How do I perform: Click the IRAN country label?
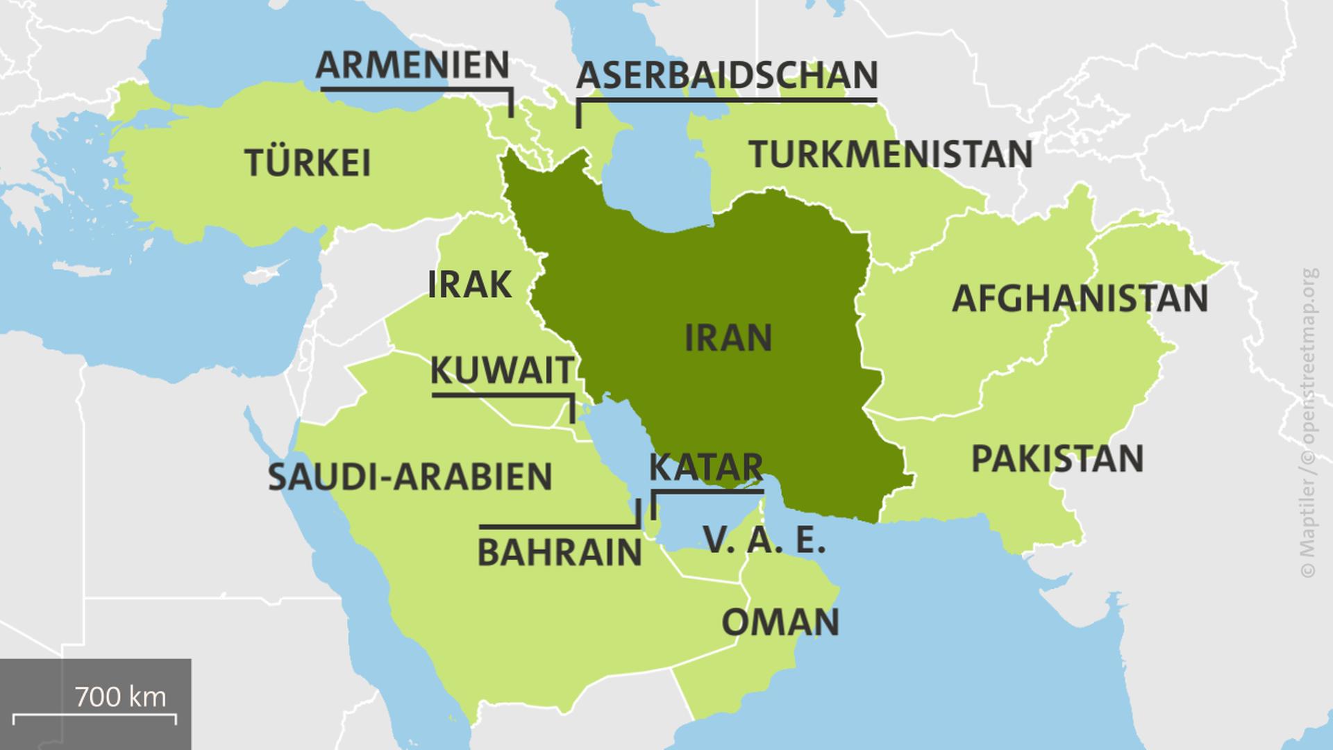pyautogui.click(x=728, y=338)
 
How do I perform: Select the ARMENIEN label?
pyautogui.click(x=413, y=65)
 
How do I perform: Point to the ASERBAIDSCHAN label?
pyautogui.click(x=727, y=76)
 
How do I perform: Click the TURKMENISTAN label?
pyautogui.click(x=891, y=154)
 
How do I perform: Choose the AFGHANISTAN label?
pyautogui.click(x=1080, y=299)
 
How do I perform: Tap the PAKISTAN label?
pyautogui.click(x=1057, y=459)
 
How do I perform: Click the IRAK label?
pyautogui.click(x=469, y=285)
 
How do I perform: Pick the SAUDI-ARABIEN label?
pyautogui.click(x=410, y=477)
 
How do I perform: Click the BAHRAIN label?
pyautogui.click(x=560, y=553)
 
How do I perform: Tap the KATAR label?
pyautogui.click(x=705, y=467)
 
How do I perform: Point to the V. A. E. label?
pyautogui.click(x=764, y=540)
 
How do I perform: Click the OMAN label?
pyautogui.click(x=780, y=622)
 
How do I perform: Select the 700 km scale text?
pyautogui.click(x=120, y=696)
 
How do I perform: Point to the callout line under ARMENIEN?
pyautogui.click(x=417, y=89)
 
